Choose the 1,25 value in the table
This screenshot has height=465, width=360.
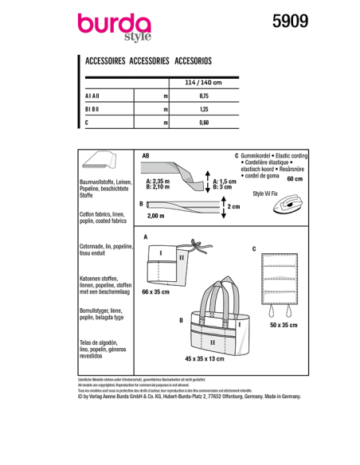pos(202,109)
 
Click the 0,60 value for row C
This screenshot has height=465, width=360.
pos(202,123)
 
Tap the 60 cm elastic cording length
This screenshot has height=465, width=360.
pos(294,179)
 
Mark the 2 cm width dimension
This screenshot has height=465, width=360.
pos(233,206)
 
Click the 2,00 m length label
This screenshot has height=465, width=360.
pos(156,216)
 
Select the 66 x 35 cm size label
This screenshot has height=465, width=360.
pos(156,294)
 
